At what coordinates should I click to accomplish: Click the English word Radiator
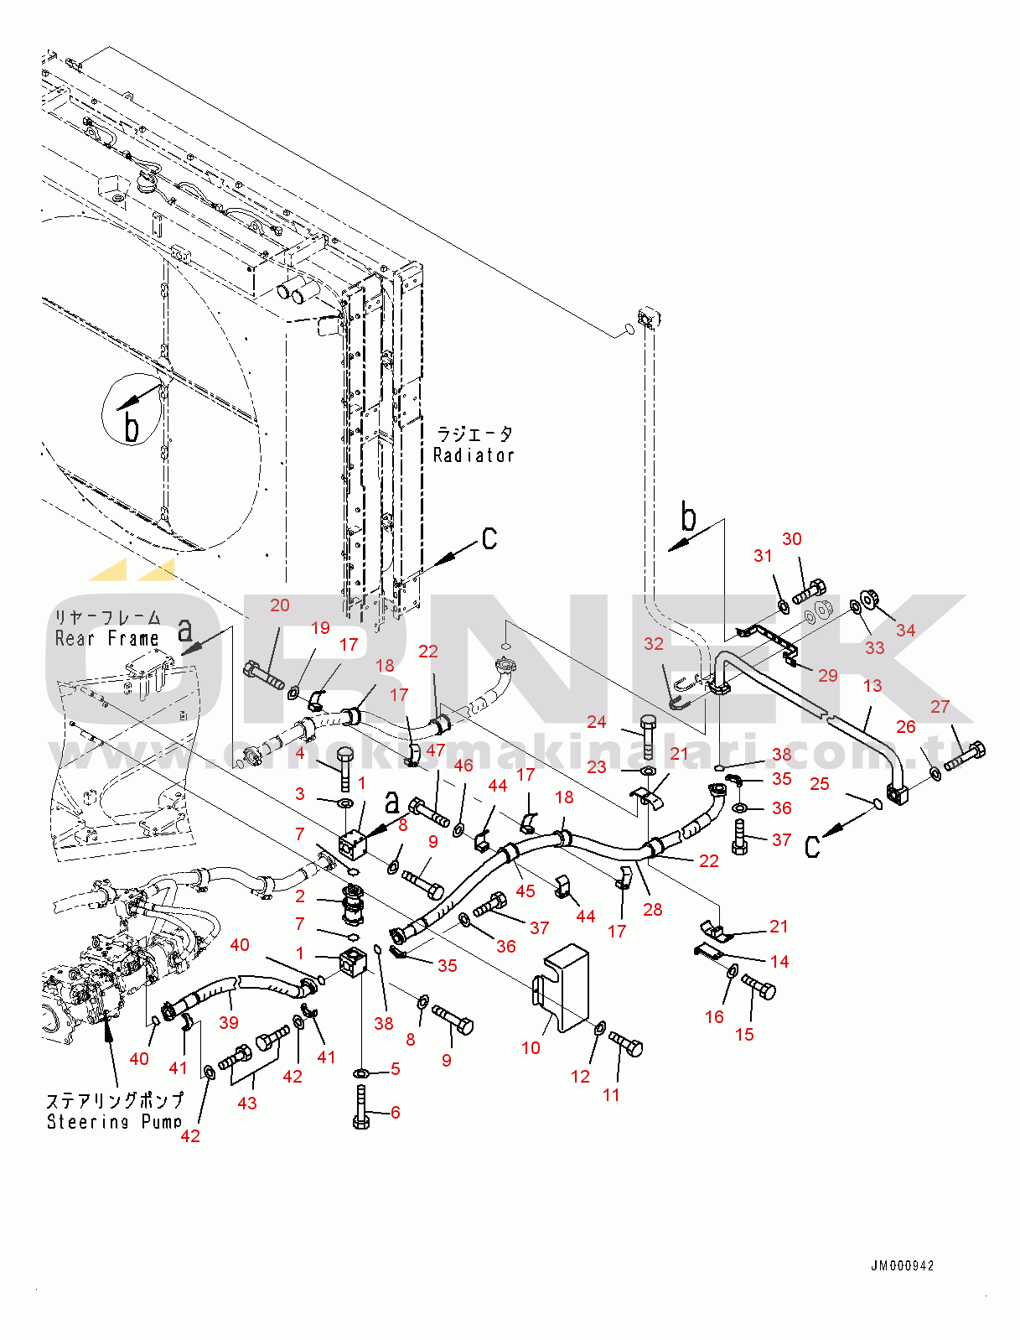point(474,455)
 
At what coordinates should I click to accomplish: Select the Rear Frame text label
point(107,639)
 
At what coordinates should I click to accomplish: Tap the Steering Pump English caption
point(114,1122)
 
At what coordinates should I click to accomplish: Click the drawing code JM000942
point(902,1266)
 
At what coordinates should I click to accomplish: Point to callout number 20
point(280,605)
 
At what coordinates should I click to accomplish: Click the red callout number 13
point(872,686)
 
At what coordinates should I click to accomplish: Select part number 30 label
point(792,539)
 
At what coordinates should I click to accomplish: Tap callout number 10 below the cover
point(531,1047)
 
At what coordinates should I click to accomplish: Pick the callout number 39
point(229,1022)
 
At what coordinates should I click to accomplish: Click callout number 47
point(436,751)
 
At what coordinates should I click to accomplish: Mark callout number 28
point(653,909)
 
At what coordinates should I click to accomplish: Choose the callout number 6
point(396,1112)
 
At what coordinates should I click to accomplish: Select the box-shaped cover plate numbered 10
point(564,987)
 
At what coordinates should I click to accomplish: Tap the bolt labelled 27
point(966,755)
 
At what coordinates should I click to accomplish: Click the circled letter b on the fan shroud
point(132,409)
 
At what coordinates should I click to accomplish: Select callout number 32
point(654,644)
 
